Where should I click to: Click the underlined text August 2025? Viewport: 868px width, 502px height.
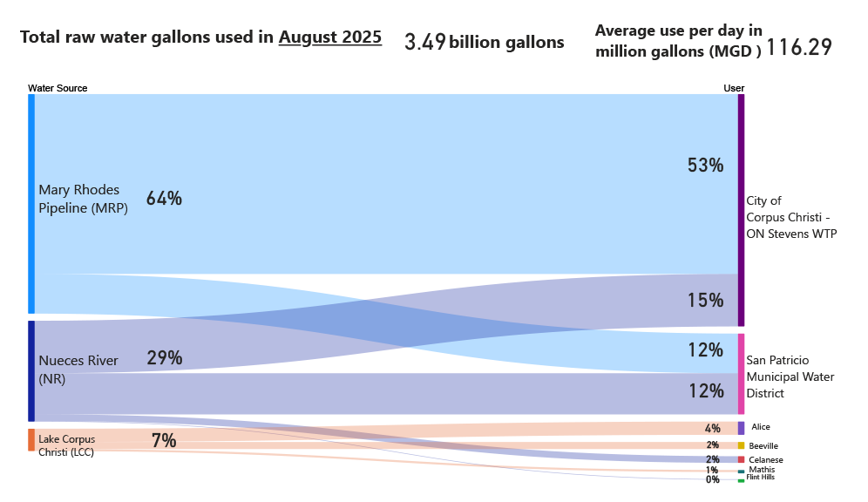point(329,37)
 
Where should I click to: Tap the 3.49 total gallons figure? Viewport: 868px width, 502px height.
point(425,42)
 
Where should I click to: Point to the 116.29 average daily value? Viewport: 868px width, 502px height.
point(798,48)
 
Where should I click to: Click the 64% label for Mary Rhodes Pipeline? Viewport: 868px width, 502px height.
point(164,199)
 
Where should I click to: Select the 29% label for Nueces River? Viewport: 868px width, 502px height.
point(164,357)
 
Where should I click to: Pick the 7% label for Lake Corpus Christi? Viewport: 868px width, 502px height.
point(164,441)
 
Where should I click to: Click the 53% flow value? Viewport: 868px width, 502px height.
point(705,165)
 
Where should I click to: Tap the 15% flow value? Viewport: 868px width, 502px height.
point(705,300)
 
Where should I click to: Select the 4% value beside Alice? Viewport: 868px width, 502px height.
point(712,428)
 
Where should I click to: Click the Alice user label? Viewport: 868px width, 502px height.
point(760,427)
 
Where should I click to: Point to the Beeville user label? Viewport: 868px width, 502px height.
point(763,445)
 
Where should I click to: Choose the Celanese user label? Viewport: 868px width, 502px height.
point(765,459)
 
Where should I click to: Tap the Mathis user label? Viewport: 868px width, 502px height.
point(762,470)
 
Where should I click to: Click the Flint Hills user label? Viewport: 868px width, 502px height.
point(760,478)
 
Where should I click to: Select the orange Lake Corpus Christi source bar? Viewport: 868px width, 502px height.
point(31,439)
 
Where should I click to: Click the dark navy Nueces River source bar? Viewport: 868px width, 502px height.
point(31,370)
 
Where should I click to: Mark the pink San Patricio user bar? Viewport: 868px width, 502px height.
point(741,373)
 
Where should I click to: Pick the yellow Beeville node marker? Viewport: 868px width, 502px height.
point(741,445)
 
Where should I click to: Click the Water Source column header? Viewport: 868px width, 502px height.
point(58,88)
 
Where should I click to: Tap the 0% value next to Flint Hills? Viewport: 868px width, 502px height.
point(712,479)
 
